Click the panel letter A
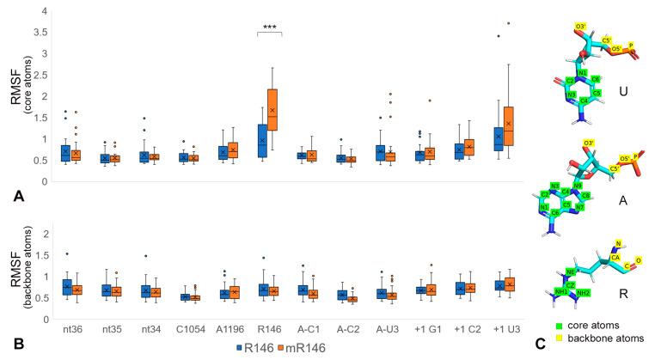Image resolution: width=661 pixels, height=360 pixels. pyautogui.click(x=18, y=197)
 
